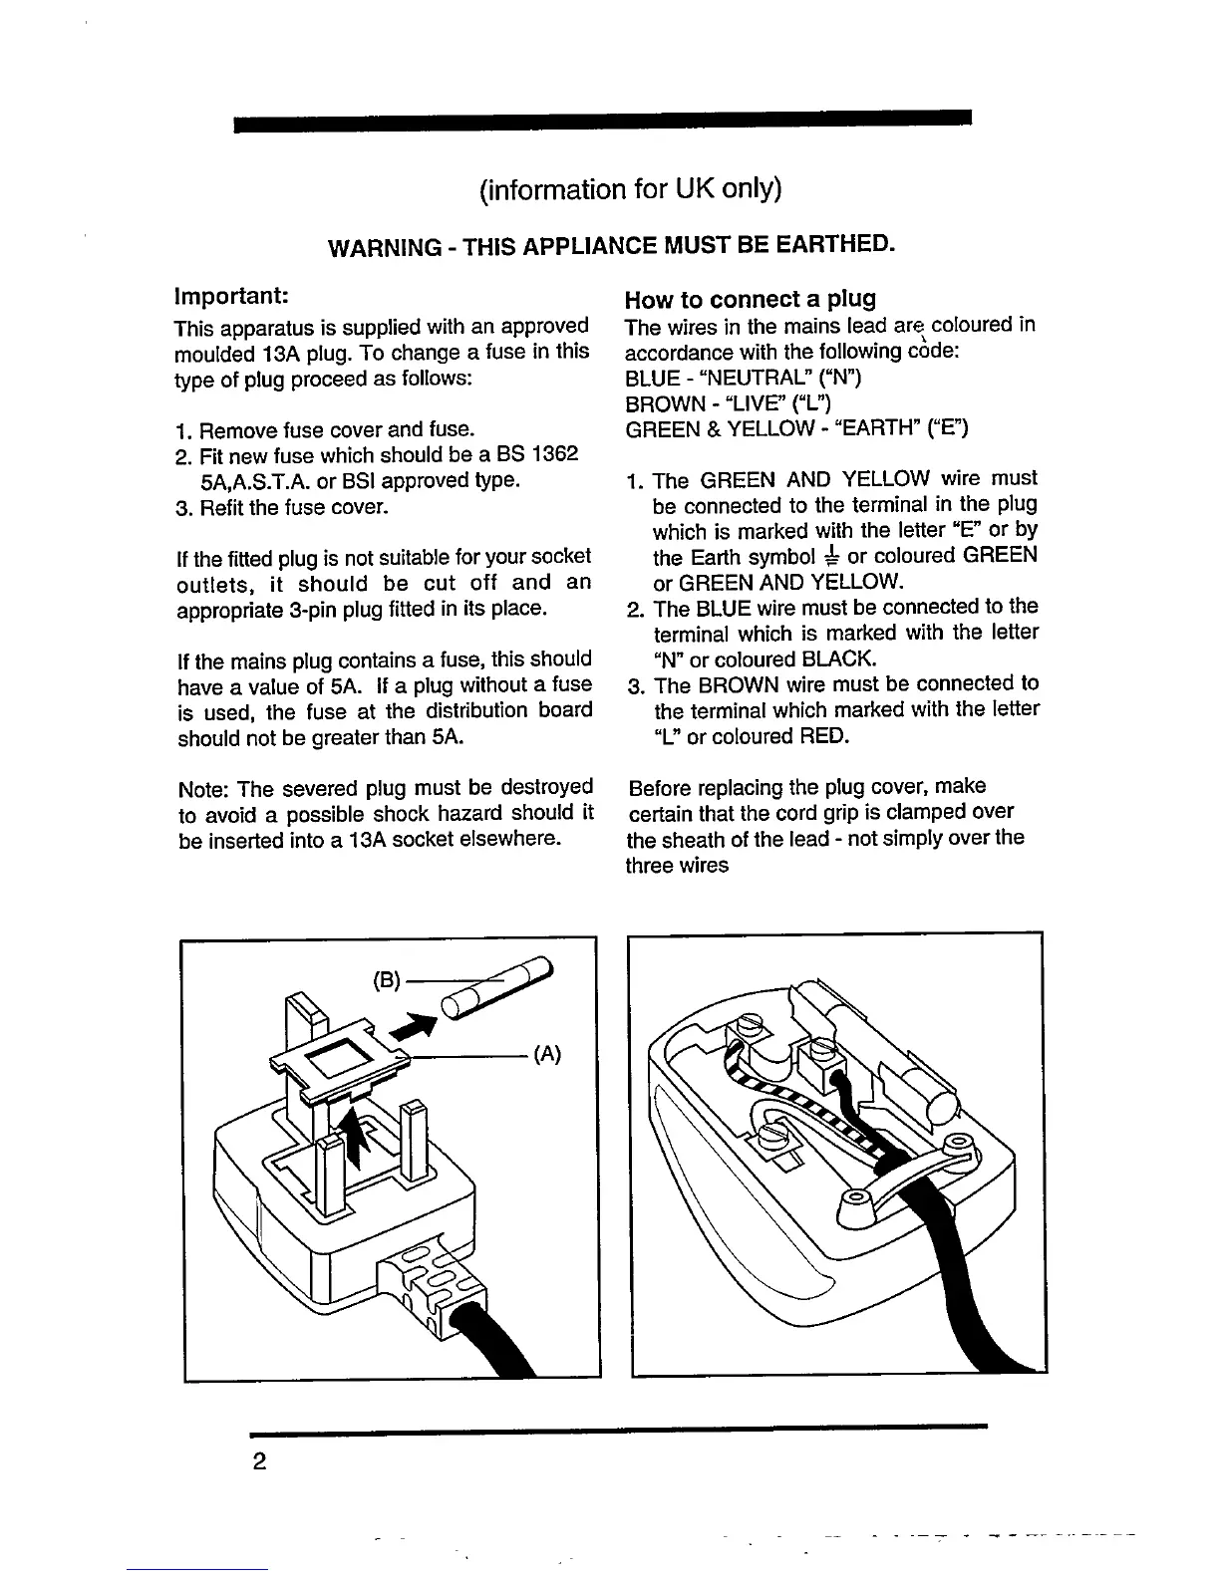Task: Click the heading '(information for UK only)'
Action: tap(629, 189)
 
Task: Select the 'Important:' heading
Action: tap(232, 297)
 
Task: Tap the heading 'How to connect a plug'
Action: tap(750, 299)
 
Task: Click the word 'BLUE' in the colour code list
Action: tap(650, 378)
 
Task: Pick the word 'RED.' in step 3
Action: tap(823, 737)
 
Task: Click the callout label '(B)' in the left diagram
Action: tap(386, 980)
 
